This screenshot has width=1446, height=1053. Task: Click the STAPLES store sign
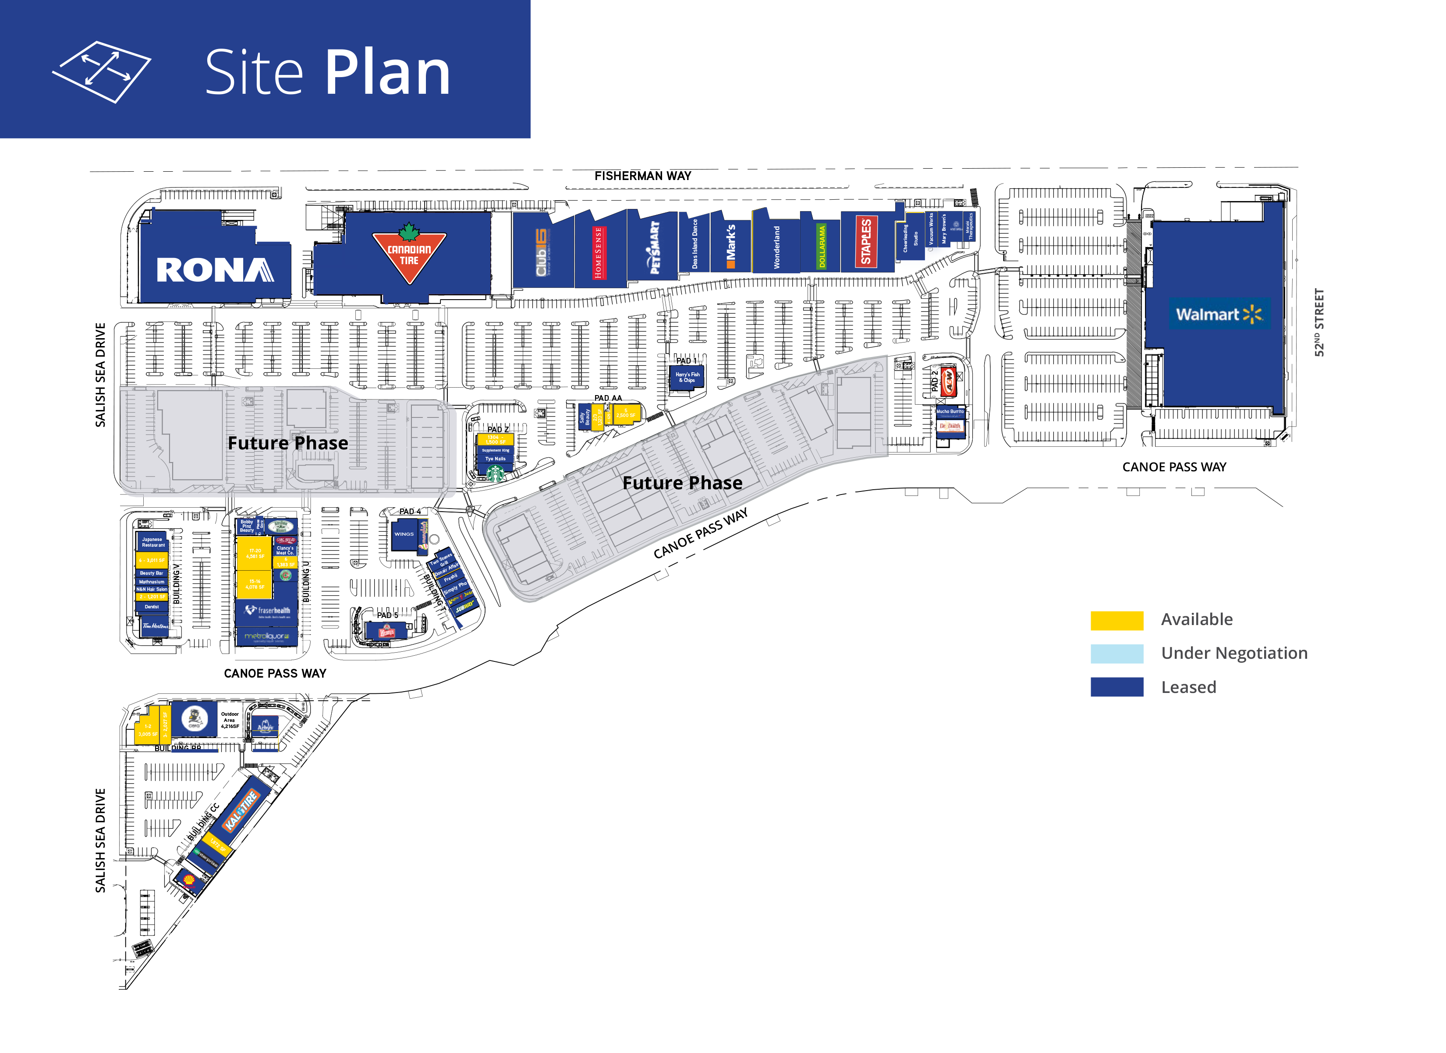[866, 242]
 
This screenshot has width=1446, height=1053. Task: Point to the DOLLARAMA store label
[822, 247]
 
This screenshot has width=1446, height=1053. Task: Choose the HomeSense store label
[598, 252]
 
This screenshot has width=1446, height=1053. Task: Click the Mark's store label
[730, 246]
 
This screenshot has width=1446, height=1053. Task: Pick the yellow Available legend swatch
[1116, 620]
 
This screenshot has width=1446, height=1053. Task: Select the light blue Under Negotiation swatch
[1116, 654]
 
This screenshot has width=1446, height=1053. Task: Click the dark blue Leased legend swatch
[1116, 687]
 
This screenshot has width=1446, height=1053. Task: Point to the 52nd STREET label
[1319, 322]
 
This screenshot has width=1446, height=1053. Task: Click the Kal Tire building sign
[241, 809]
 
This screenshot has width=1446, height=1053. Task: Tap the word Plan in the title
[388, 73]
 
